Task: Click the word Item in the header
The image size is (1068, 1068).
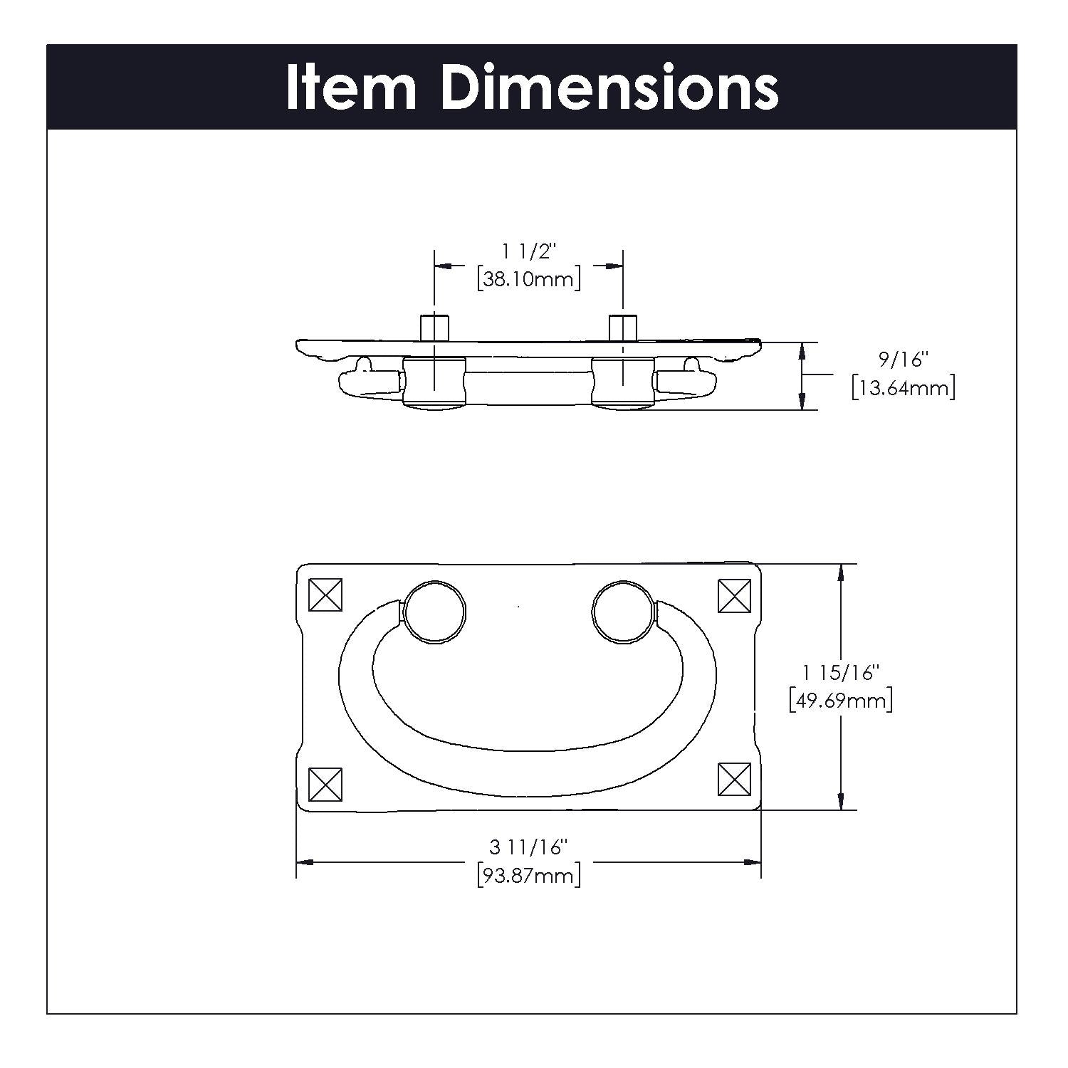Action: click(x=351, y=88)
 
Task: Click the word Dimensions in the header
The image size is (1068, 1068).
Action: click(x=609, y=88)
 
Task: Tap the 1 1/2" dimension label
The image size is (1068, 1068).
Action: click(x=528, y=251)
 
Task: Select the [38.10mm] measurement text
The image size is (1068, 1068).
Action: click(x=528, y=278)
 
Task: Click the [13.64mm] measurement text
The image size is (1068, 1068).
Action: click(x=903, y=388)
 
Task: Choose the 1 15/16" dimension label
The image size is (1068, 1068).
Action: click(x=841, y=672)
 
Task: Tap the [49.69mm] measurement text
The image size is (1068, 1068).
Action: click(x=841, y=701)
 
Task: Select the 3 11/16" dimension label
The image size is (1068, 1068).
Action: click(x=528, y=847)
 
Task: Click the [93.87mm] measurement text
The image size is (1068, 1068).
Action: click(x=528, y=875)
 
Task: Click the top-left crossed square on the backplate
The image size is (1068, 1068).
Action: click(x=325, y=595)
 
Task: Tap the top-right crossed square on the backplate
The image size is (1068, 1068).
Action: click(x=735, y=595)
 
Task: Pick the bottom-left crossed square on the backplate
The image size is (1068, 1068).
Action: click(x=325, y=785)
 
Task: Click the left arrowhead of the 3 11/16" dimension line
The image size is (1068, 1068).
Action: click(x=305, y=862)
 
